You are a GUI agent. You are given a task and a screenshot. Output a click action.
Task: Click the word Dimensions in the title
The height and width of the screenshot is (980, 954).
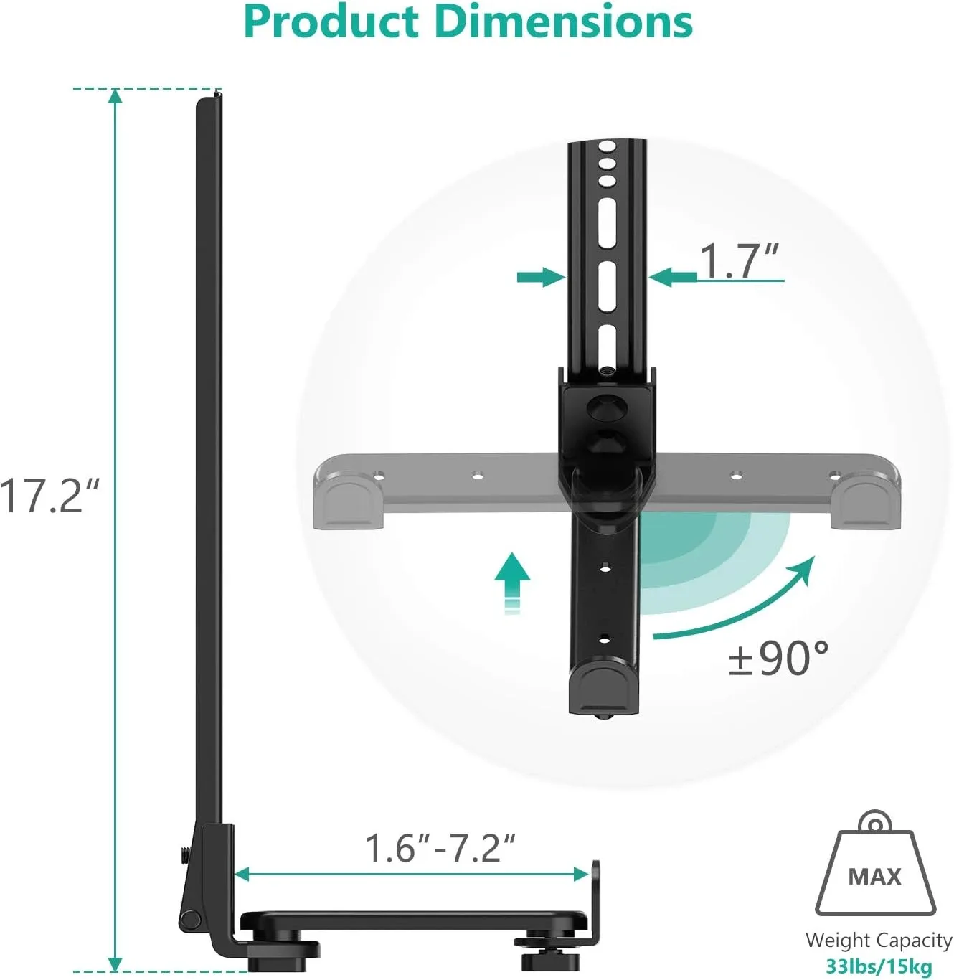coord(565,22)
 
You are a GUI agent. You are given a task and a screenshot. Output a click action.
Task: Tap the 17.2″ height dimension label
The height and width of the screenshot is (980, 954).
coord(49,496)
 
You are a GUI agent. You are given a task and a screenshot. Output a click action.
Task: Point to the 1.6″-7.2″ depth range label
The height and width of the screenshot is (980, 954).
coord(440,848)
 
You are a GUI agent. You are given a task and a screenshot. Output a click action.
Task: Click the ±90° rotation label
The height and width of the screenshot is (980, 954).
coord(778,657)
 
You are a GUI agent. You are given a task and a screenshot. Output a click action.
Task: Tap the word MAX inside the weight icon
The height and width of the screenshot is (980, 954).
coord(874,877)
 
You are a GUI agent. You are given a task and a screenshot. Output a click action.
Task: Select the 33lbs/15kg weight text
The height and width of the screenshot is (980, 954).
coord(879,966)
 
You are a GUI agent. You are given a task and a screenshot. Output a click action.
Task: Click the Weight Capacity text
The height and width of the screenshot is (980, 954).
coord(879,940)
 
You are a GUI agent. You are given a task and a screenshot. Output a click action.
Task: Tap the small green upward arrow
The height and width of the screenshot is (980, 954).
coord(512,580)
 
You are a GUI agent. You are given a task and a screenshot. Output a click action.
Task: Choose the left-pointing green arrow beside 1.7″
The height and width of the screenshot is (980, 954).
coord(673,277)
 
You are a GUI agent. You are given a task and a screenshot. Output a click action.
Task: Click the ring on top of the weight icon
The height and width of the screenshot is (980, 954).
coord(874,822)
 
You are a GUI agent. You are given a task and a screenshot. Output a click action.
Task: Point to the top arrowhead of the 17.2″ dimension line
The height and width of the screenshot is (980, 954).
coord(115,96)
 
